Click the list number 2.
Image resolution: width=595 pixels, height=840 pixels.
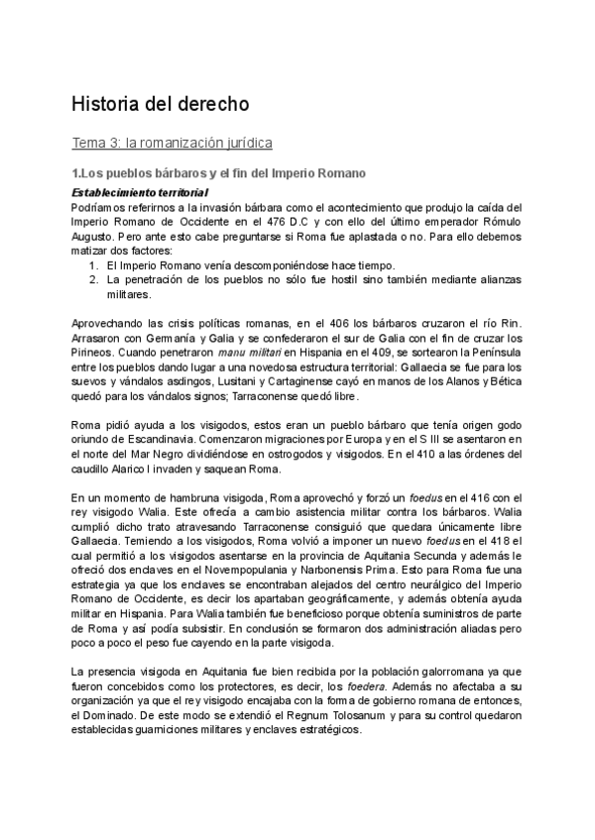92,279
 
